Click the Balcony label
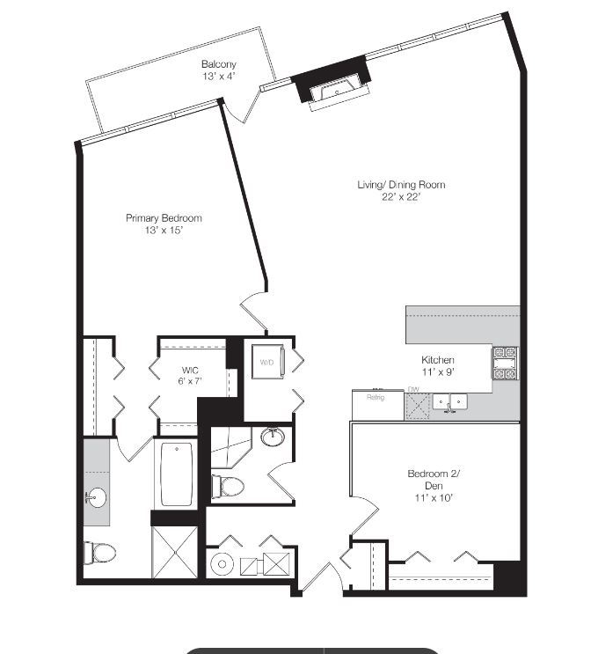218,64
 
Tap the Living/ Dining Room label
400,185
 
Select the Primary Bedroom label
164,218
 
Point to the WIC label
190,370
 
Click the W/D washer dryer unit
266,362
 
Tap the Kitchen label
438,360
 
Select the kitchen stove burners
505,363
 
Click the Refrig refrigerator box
376,398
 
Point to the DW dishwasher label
413,390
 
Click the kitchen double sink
449,402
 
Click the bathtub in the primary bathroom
179,473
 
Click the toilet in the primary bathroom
100,552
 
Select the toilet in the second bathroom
230,485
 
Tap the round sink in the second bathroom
272,436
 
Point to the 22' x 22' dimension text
400,197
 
